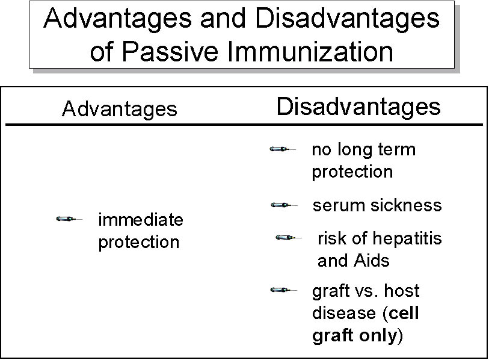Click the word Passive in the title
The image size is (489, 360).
(170, 51)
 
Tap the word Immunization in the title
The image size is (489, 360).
(310, 51)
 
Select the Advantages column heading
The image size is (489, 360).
(120, 109)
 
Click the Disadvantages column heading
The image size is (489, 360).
(358, 107)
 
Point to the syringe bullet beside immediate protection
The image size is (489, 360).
(69, 219)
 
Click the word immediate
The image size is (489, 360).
(141, 220)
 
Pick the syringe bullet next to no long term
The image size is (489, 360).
(283, 149)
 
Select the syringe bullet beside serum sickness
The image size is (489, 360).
(284, 205)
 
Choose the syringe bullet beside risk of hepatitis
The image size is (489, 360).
(289, 238)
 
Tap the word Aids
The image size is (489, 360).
(372, 261)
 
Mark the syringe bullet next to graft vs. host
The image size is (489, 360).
(283, 290)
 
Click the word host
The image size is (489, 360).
(402, 291)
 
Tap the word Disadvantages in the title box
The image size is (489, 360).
(347, 18)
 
